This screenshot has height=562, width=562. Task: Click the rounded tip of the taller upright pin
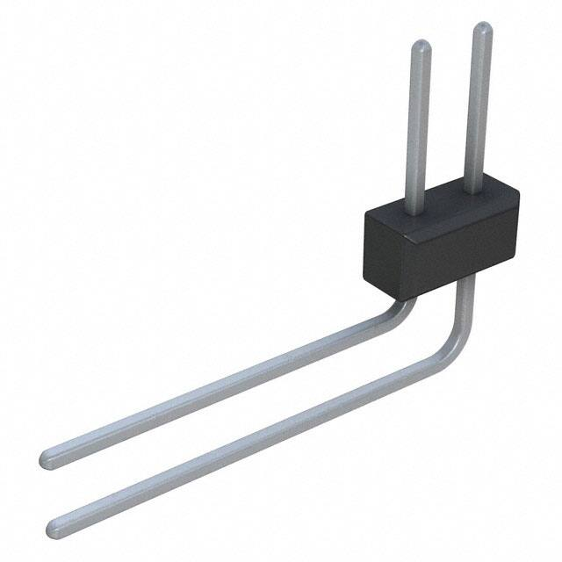(482, 29)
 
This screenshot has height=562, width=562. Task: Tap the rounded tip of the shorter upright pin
(421, 47)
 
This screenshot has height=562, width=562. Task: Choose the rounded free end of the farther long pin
(49, 458)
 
